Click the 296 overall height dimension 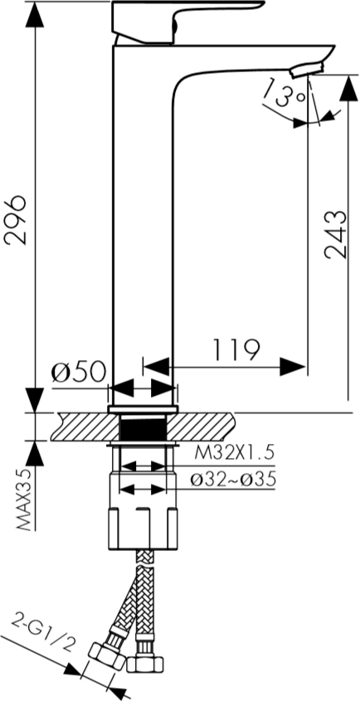coord(16,219)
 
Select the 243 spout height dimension coord(336,234)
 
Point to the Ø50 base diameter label coord(78,372)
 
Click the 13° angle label coord(283,92)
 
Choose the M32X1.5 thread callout coord(234,454)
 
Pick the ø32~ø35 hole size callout coord(233,480)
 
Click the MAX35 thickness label coord(27,500)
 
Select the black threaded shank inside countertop coord(144,427)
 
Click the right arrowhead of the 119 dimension coord(293,367)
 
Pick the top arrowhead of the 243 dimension coord(348,88)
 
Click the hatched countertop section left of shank coord(85,427)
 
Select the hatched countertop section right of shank coord(200,427)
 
